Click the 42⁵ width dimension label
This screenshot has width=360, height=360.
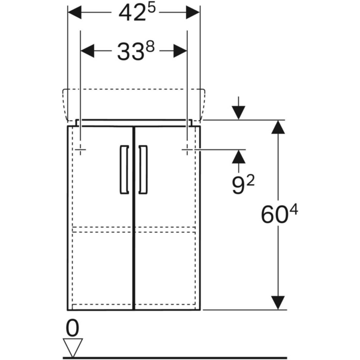(x=137, y=13)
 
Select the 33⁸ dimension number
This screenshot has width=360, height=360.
(x=136, y=51)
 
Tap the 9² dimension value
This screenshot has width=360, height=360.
(x=243, y=185)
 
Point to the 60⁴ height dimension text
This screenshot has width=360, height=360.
(x=280, y=214)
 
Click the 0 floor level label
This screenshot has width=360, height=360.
(x=73, y=328)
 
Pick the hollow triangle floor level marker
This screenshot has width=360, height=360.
(x=73, y=347)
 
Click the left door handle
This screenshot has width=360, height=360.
(x=124, y=169)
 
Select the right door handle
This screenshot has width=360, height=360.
(x=143, y=169)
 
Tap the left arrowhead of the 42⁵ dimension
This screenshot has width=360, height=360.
(x=74, y=13)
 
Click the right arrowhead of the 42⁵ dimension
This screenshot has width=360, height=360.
(x=193, y=13)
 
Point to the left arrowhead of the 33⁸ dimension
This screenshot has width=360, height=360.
(x=88, y=51)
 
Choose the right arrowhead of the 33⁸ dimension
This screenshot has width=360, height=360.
(x=180, y=51)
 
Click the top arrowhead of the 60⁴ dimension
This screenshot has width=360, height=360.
(x=278, y=127)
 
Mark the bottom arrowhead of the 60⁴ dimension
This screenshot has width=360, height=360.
(x=278, y=302)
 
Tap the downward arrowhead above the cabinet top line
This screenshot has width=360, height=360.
(x=239, y=113)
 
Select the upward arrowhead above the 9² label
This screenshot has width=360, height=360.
(x=239, y=157)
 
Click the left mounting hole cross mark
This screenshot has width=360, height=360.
(x=80, y=149)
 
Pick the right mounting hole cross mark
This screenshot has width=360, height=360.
(x=187, y=149)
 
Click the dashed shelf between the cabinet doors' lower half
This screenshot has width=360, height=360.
(x=134, y=229)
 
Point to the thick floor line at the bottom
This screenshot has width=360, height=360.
(x=175, y=358)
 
